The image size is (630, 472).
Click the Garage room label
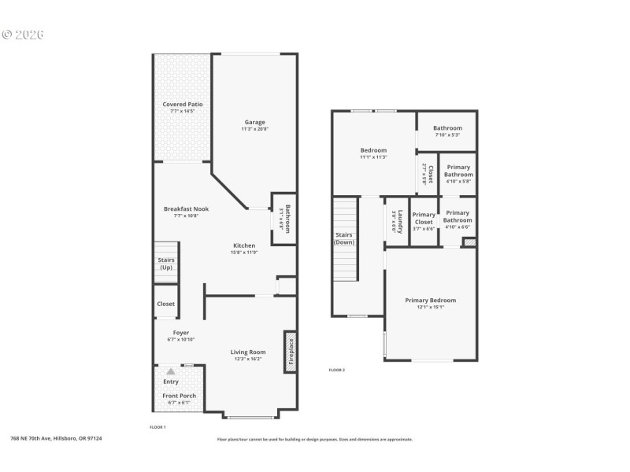tap(254, 122)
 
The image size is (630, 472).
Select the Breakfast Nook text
tap(186, 208)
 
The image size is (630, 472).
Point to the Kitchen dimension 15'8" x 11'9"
tap(243, 253)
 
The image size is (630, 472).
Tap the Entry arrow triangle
tap(171, 371)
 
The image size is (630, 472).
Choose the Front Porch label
tap(180, 396)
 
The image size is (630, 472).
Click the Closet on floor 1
tap(166, 304)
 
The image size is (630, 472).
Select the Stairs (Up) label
tap(166, 264)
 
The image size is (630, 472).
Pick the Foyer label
tap(181, 333)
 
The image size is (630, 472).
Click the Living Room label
tap(248, 352)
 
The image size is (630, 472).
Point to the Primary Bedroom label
tap(430, 300)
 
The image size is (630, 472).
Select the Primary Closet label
tap(424, 218)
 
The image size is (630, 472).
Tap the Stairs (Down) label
tap(344, 238)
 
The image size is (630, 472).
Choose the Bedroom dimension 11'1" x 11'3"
tap(373, 157)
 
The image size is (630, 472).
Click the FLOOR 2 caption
tap(336, 370)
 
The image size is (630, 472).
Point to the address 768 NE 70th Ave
tap(55, 438)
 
